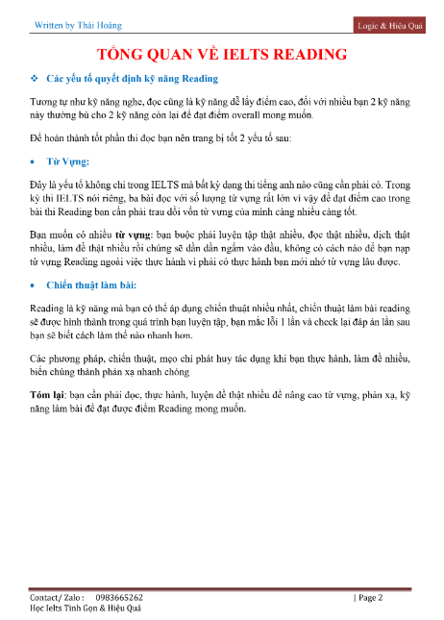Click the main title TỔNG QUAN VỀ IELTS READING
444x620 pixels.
[222, 54]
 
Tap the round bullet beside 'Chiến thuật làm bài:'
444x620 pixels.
[35, 285]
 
